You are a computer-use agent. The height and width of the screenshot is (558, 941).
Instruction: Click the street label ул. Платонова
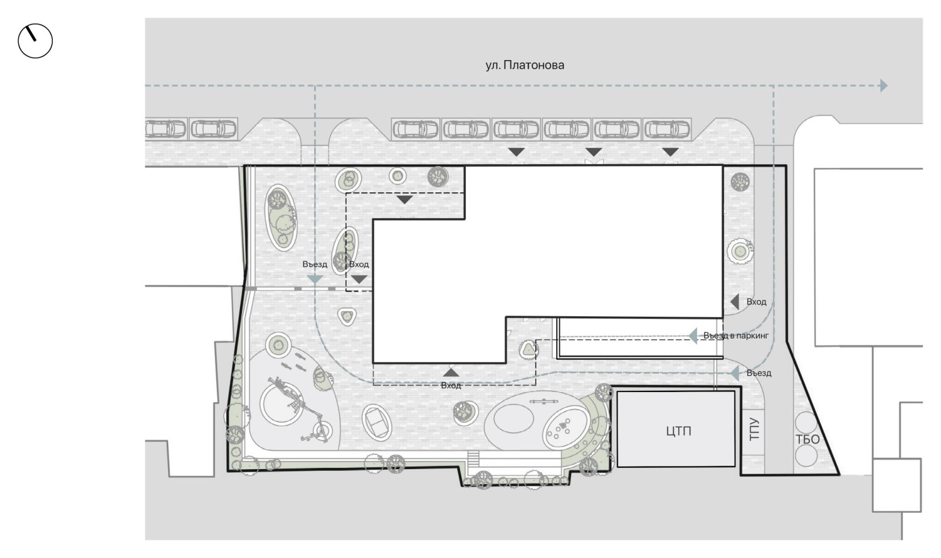click(525, 65)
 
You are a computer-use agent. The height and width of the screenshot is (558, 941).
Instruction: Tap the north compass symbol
click(35, 41)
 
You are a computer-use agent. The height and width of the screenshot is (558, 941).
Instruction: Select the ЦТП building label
click(679, 431)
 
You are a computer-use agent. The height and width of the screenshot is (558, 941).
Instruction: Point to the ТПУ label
click(755, 429)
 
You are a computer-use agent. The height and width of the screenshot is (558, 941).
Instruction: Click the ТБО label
click(807, 440)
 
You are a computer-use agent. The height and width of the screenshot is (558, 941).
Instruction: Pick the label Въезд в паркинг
click(736, 336)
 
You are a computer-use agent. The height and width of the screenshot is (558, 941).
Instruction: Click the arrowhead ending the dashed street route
click(884, 86)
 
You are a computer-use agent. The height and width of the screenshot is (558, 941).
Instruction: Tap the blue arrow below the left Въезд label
click(315, 279)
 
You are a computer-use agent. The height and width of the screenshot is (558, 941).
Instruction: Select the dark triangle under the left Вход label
click(359, 279)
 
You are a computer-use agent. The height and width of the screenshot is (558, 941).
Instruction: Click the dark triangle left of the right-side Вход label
click(735, 301)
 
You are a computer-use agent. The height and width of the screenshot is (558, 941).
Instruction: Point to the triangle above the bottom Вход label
click(451, 373)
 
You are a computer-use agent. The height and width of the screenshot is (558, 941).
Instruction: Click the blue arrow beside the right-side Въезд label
click(735, 373)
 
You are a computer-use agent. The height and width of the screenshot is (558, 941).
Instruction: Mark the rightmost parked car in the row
click(667, 129)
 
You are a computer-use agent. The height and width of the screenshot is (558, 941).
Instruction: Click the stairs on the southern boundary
click(473, 459)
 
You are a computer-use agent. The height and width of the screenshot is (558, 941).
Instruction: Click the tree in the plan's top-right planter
click(740, 182)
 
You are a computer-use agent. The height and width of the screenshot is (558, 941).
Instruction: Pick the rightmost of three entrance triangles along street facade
click(670, 152)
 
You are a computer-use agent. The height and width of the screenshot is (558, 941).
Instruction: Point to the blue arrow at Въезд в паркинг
click(693, 336)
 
